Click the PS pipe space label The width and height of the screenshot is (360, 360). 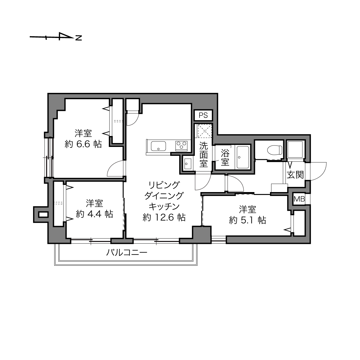coord(203,116)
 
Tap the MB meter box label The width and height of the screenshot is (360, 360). coord(299,199)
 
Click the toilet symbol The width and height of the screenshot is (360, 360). coord(275,150)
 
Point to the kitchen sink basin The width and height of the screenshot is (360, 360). coord(158,146)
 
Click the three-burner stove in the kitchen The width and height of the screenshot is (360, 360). coord(181,146)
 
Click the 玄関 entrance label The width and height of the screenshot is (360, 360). coord(295,175)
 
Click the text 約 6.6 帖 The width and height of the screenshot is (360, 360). coord(83,144)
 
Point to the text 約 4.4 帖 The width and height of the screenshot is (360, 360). coord(94,214)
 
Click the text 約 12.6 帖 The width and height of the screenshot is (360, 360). coord(164,217)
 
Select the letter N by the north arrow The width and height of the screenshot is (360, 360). coord(79,38)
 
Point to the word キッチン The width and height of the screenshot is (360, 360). coord(164,207)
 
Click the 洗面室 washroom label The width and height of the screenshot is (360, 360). coord(204,154)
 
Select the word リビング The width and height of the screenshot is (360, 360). coord(164,185)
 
